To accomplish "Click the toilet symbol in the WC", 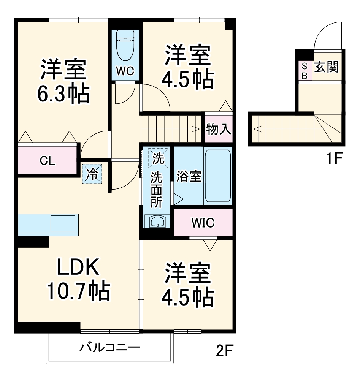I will click(125, 45).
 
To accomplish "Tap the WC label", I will click(125, 72).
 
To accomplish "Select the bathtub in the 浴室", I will click(217, 176).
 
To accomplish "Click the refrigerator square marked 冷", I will click(93, 174).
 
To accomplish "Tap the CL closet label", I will click(48, 161).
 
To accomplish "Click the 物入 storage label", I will click(219, 129).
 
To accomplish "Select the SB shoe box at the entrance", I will click(305, 71).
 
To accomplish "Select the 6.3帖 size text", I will click(63, 94).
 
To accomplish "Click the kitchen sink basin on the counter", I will click(63, 223).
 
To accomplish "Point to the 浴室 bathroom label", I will click(189, 176).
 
